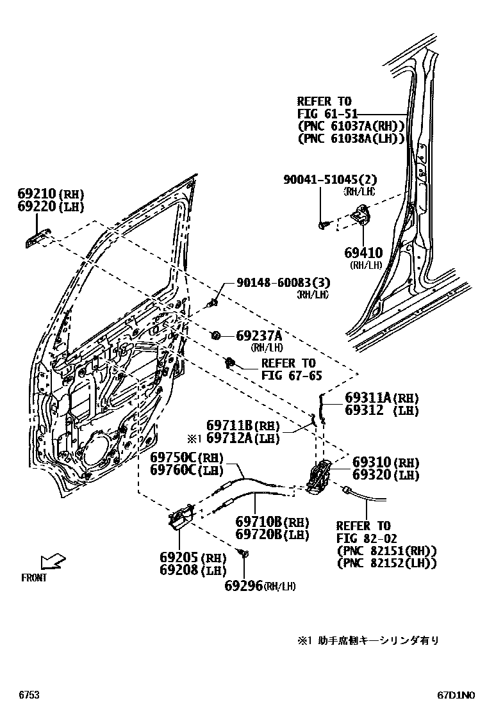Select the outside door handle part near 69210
(37, 238)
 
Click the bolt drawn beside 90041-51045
(322, 224)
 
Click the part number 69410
(363, 254)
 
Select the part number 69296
(244, 585)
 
